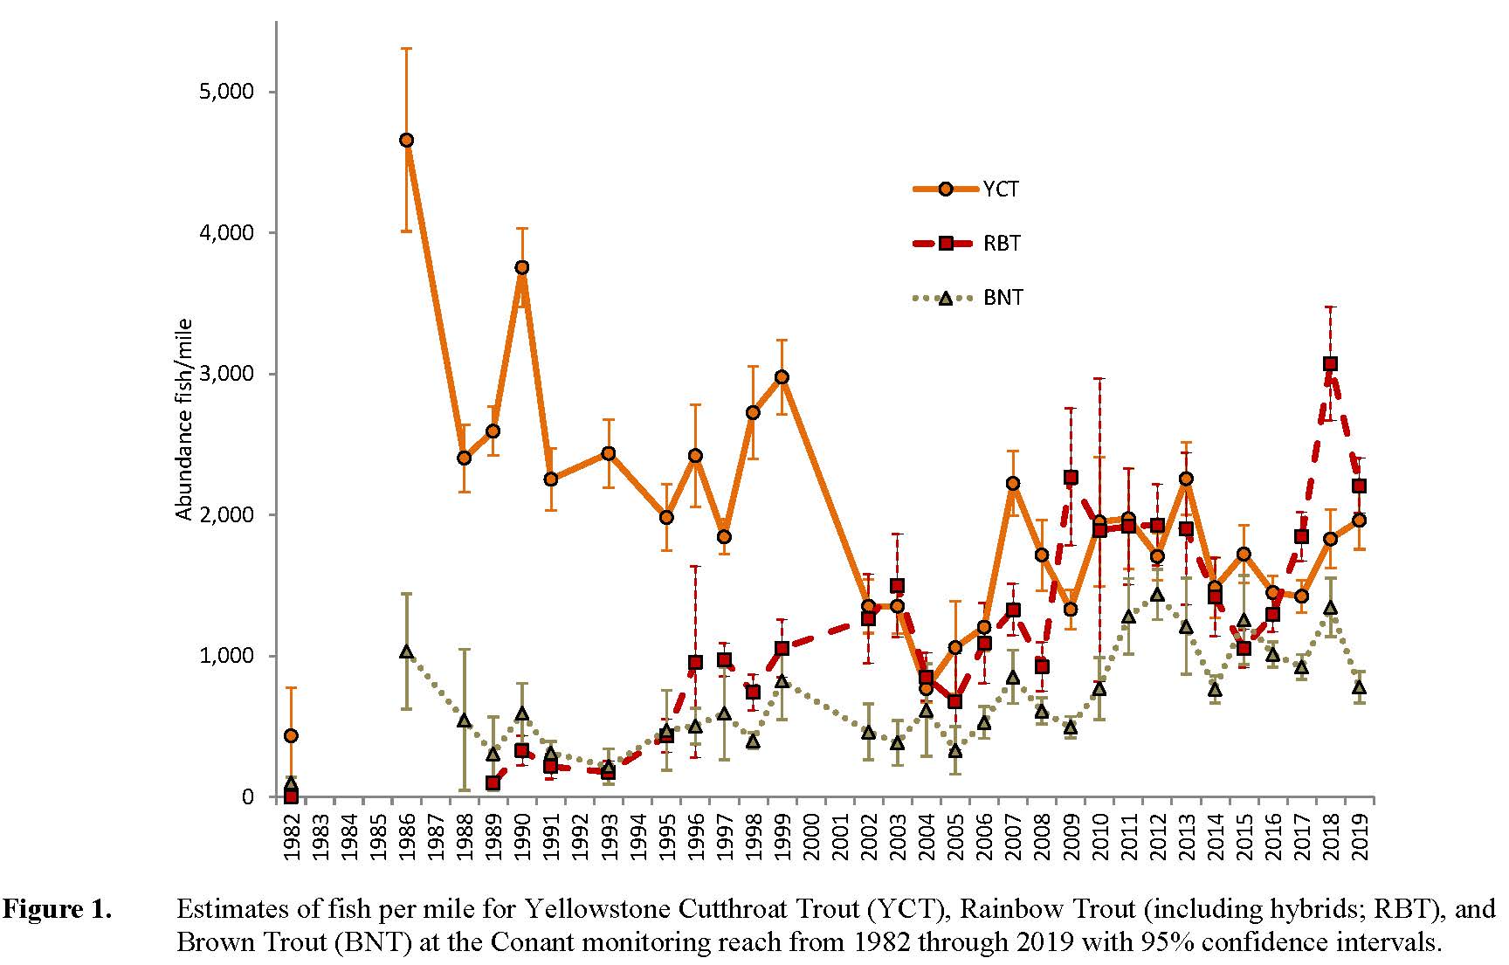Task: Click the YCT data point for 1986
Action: pyautogui.click(x=406, y=140)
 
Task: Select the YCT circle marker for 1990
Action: pyautogui.click(x=521, y=267)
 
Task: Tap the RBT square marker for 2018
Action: pyautogui.click(x=1330, y=363)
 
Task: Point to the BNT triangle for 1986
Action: pyautogui.click(x=406, y=651)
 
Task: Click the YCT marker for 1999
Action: pyautogui.click(x=782, y=376)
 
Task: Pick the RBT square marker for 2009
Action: pyautogui.click(x=1071, y=477)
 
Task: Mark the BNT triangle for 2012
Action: pyautogui.click(x=1157, y=595)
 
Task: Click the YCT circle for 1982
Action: pyautogui.click(x=291, y=735)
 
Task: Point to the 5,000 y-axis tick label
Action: pyautogui.click(x=227, y=92)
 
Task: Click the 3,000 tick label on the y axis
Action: pyautogui.click(x=227, y=374)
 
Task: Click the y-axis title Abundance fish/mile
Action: pyautogui.click(x=184, y=420)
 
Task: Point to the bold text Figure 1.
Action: pyautogui.click(x=58, y=910)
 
